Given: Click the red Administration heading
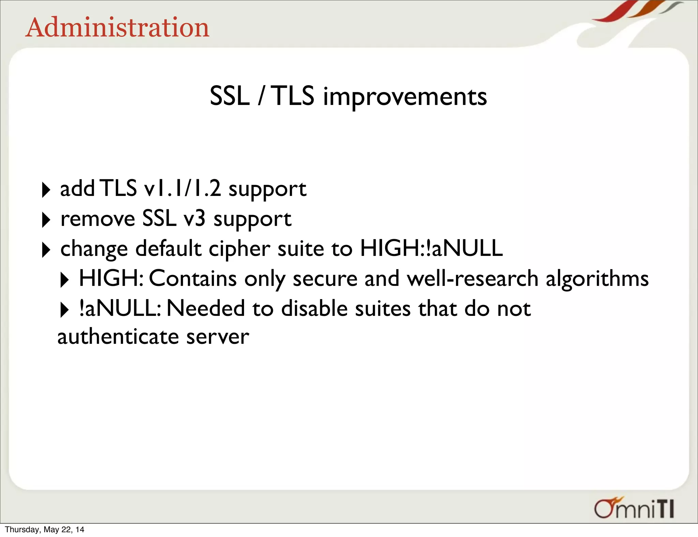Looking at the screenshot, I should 117,28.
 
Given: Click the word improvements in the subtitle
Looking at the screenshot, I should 405,97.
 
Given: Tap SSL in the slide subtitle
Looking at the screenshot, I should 229,96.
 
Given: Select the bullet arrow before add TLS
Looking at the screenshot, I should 46,190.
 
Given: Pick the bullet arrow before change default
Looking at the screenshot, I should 46,250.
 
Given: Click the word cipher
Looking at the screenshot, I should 240,249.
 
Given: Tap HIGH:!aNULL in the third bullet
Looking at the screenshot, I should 431,248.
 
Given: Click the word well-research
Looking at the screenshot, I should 473,278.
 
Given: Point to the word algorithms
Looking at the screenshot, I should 597,279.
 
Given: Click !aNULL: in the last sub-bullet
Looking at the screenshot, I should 120,308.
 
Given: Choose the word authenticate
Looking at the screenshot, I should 118,337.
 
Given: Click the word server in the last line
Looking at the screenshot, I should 218,337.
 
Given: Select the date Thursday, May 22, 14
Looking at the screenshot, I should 44,530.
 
